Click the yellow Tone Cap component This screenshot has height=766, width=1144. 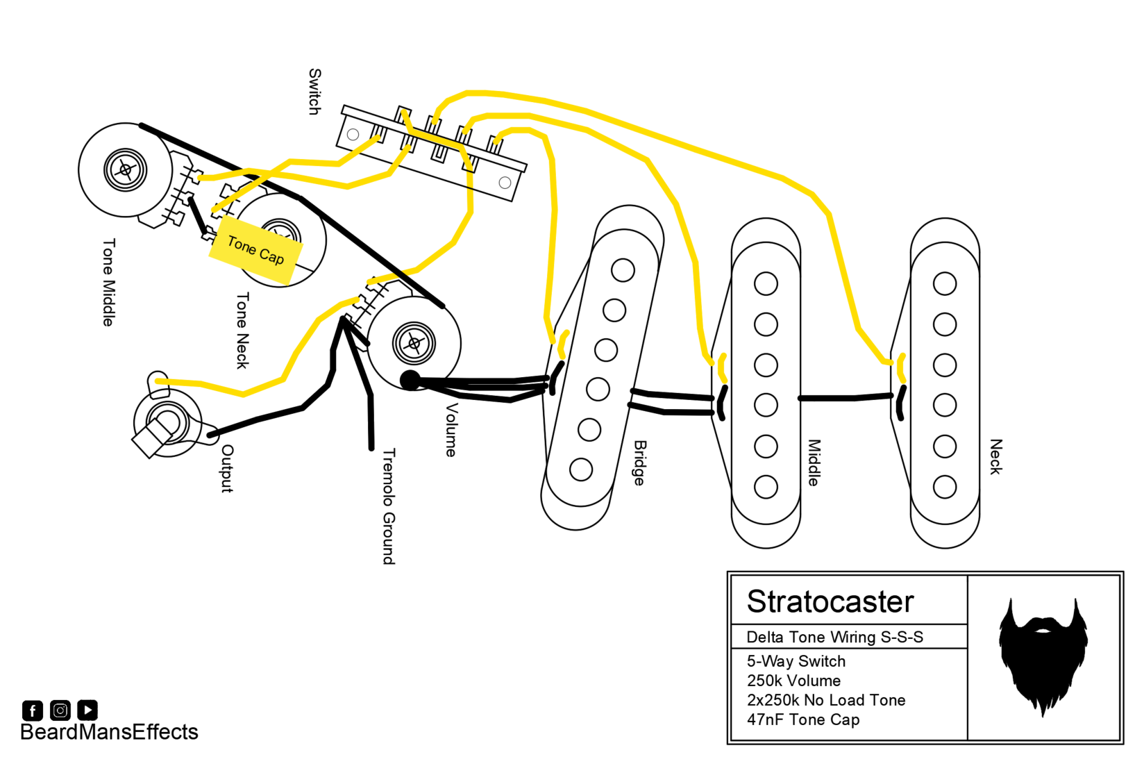(256, 250)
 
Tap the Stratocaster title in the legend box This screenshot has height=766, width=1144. (830, 601)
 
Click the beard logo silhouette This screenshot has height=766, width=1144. (1043, 657)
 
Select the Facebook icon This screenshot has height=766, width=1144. (32, 710)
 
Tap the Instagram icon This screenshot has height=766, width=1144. (60, 710)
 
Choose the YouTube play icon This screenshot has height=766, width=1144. (88, 710)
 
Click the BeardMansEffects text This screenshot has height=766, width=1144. (109, 732)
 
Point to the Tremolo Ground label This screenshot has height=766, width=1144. (389, 506)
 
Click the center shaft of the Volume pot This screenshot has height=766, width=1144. (414, 343)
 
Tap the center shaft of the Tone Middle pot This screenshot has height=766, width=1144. (125, 169)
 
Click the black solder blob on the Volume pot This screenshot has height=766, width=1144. (410, 380)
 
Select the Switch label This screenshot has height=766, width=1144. (315, 92)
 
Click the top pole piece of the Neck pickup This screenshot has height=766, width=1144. (945, 283)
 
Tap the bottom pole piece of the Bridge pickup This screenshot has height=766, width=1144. (581, 469)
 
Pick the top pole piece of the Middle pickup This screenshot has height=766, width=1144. (766, 283)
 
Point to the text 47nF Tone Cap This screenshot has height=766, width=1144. (803, 719)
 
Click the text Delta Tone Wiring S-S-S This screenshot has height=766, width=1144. (835, 638)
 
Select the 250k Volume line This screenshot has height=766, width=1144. (793, 681)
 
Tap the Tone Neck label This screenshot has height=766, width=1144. (242, 331)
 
